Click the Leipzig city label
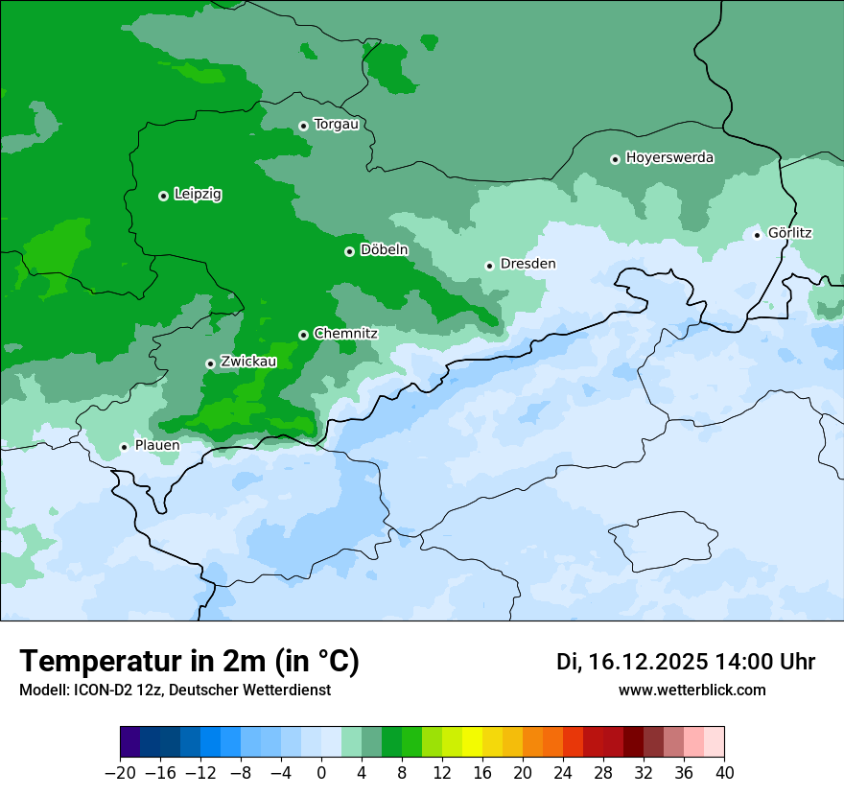tap(198, 195)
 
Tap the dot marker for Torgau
tap(303, 126)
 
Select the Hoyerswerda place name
tap(669, 158)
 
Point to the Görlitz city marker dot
tap(757, 234)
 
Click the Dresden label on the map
tap(527, 264)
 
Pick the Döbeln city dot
tap(349, 251)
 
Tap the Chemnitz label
tap(345, 334)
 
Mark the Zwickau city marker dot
tap(210, 363)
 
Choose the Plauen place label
tap(157, 446)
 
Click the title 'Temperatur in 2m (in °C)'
tap(189, 661)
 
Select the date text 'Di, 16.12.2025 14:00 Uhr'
tap(686, 662)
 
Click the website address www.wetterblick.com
tap(692, 690)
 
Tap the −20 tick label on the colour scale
tap(120, 773)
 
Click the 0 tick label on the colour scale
tap(321, 773)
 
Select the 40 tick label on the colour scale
tap(724, 773)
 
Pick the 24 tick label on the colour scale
tap(563, 773)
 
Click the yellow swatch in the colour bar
tap(472, 742)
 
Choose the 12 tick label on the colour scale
tap(442, 773)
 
